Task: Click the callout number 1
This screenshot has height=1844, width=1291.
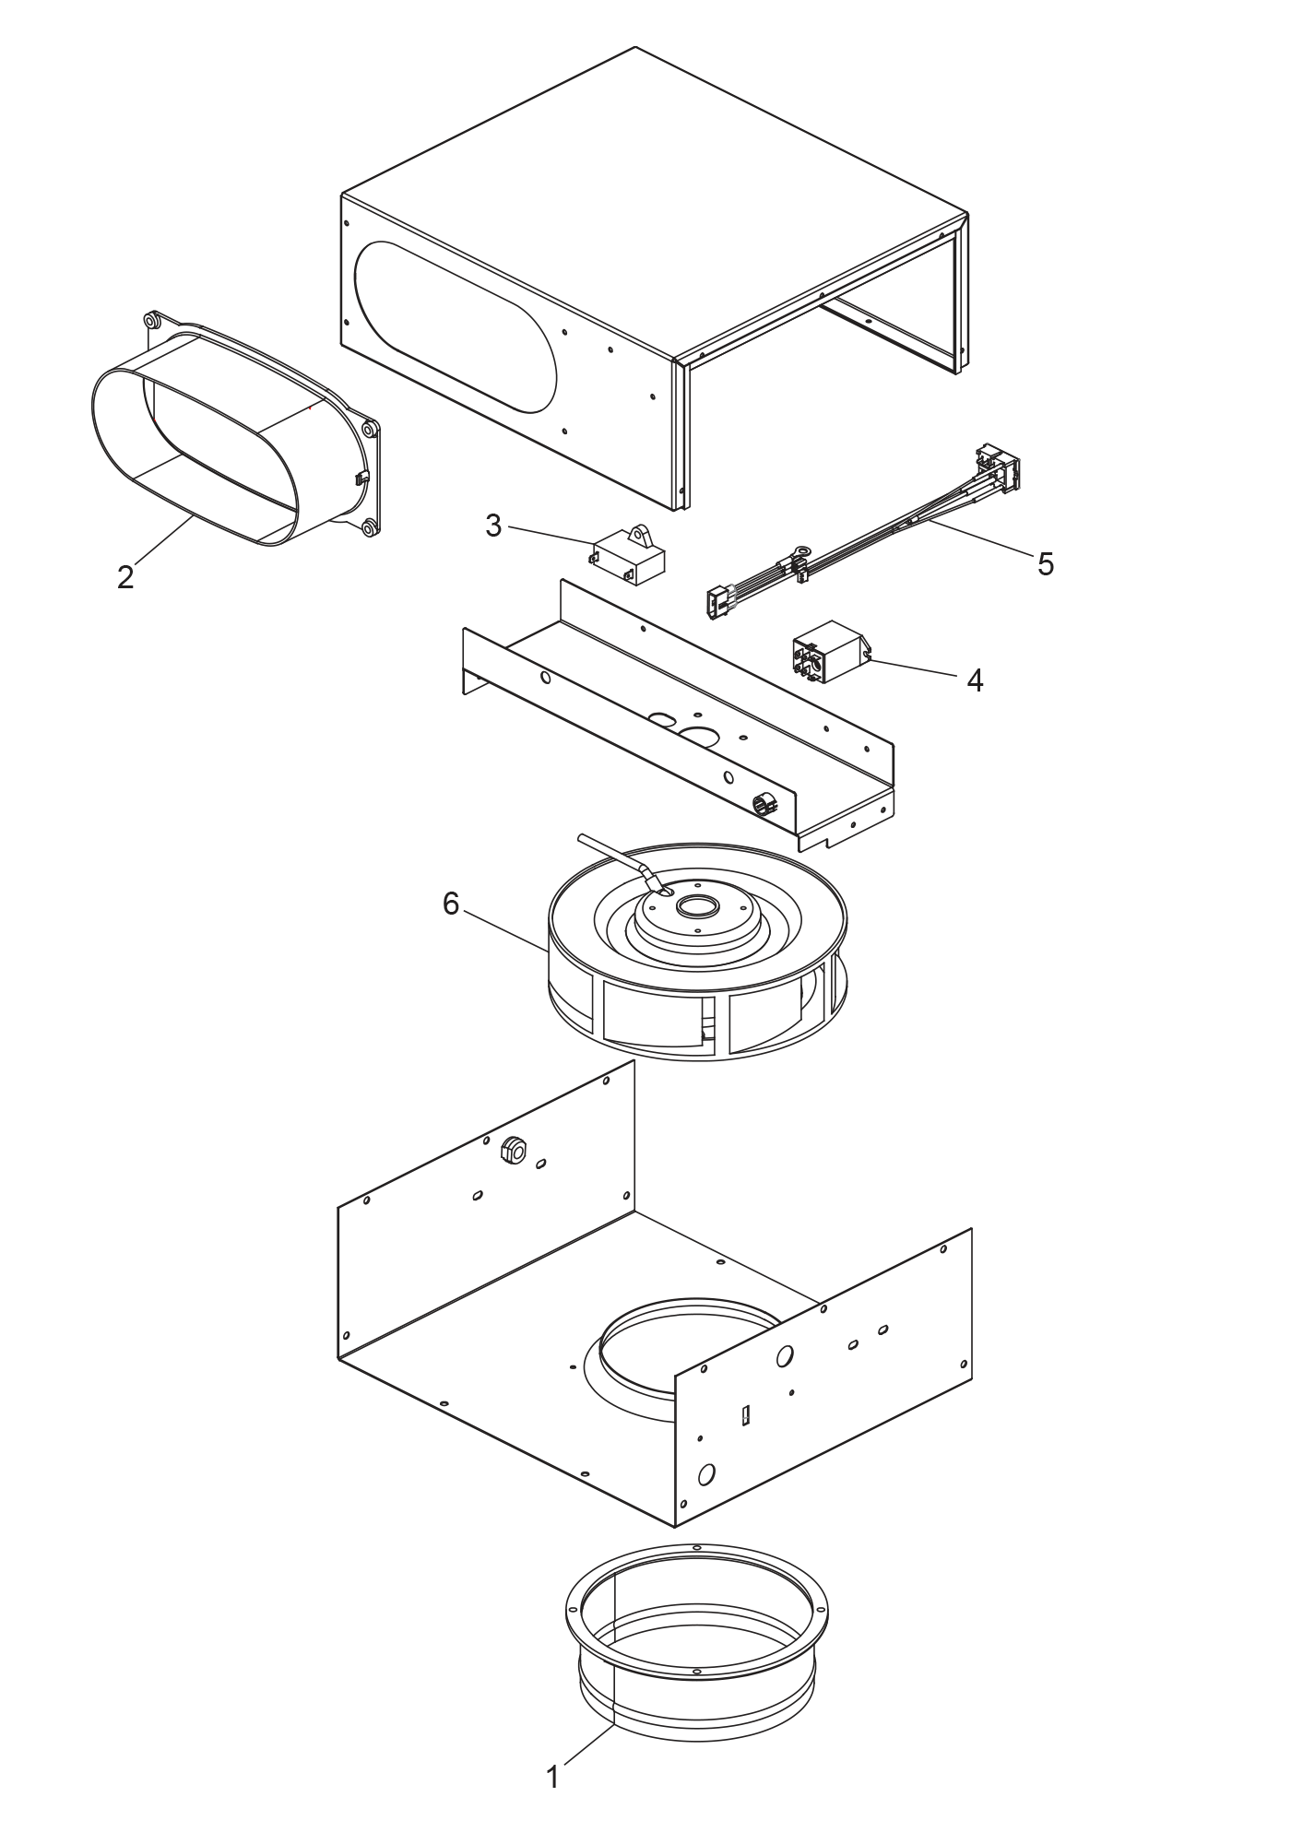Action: coord(553,1776)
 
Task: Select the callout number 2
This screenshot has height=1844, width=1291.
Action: coord(125,577)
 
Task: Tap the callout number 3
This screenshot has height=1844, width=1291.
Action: coord(493,526)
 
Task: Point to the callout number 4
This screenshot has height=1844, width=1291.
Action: coord(975,680)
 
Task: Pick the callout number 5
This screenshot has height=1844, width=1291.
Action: coord(1045,563)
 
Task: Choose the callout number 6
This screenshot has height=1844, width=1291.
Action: coord(450,904)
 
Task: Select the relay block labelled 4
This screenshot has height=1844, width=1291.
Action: coord(828,650)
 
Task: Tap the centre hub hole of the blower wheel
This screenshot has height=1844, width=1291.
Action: coord(694,907)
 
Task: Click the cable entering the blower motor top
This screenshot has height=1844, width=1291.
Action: coord(613,853)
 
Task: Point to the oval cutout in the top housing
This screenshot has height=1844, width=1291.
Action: coord(456,326)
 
